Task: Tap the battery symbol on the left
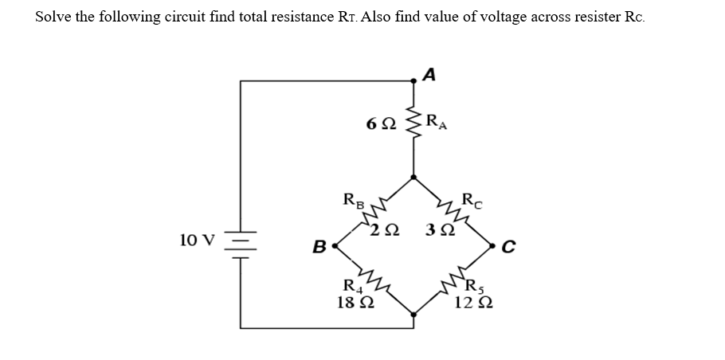tap(241, 240)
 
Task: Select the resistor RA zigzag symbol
tap(413, 125)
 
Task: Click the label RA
tap(437, 122)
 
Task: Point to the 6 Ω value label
tap(378, 125)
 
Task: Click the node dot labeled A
tap(413, 80)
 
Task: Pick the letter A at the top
tap(429, 74)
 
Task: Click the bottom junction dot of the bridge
tap(413, 315)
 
